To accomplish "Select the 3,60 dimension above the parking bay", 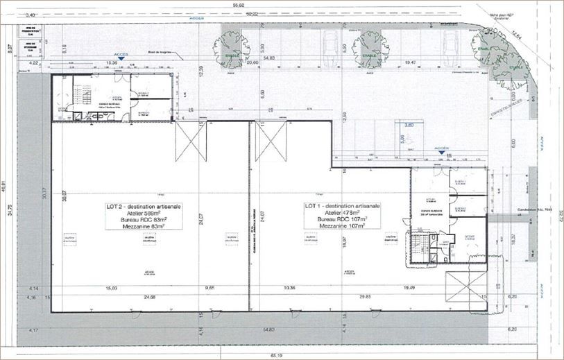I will point(409,125).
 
